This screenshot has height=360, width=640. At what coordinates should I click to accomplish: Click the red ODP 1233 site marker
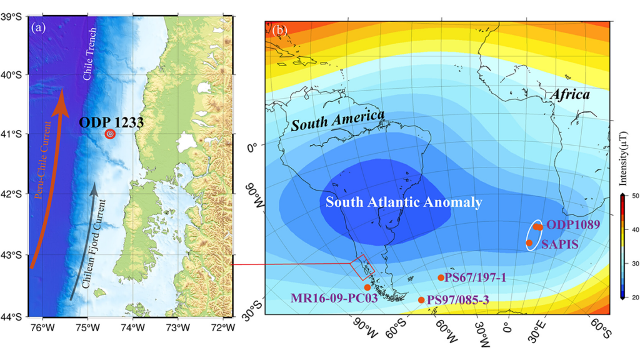pos(110,134)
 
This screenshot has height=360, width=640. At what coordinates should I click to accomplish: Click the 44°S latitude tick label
pos(13,316)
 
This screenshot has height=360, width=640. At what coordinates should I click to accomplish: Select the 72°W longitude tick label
pos(222,326)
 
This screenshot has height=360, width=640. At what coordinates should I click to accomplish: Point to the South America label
pos(337,121)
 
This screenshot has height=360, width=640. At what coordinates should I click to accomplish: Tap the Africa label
pos(570,94)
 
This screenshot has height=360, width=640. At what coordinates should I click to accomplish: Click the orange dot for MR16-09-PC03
pos(367,287)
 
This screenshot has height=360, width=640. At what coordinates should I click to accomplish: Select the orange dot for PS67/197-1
pos(441,277)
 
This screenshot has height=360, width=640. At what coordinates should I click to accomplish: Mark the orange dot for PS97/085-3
pos(421,300)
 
